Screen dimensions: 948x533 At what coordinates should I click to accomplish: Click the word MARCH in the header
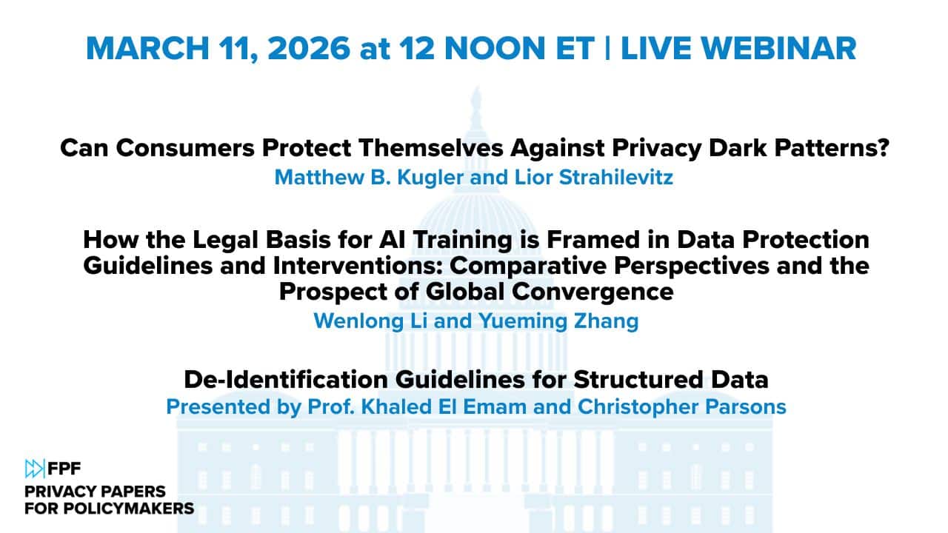coord(147,48)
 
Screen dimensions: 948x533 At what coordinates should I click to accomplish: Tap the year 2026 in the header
coord(309,48)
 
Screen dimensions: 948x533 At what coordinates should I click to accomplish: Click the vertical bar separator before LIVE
coord(608,48)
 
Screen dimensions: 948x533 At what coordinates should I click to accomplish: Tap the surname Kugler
coord(430,177)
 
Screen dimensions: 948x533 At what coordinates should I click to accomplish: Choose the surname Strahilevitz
coord(616,177)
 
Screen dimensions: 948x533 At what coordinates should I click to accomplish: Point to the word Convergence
coord(592,292)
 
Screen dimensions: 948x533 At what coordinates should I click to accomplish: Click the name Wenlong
coord(359,321)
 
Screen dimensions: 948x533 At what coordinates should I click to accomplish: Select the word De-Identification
coord(286,380)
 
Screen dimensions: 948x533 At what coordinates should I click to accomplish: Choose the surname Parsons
coord(746,407)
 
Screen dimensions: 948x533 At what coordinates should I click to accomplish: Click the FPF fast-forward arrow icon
coord(35,469)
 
